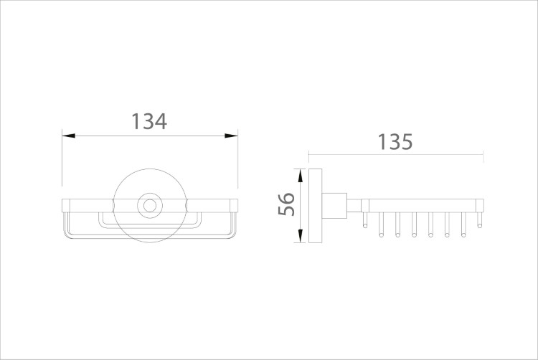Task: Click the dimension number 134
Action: click(x=149, y=121)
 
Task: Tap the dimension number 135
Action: click(x=395, y=141)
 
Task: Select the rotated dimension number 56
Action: click(x=286, y=204)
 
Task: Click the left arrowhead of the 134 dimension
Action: click(x=68, y=136)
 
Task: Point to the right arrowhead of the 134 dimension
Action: click(x=231, y=136)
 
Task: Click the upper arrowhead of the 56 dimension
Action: click(x=301, y=175)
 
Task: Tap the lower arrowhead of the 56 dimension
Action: click(x=301, y=236)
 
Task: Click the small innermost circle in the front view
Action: click(x=150, y=206)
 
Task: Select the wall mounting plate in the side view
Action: click(x=315, y=206)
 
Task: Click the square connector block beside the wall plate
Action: click(x=334, y=206)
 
